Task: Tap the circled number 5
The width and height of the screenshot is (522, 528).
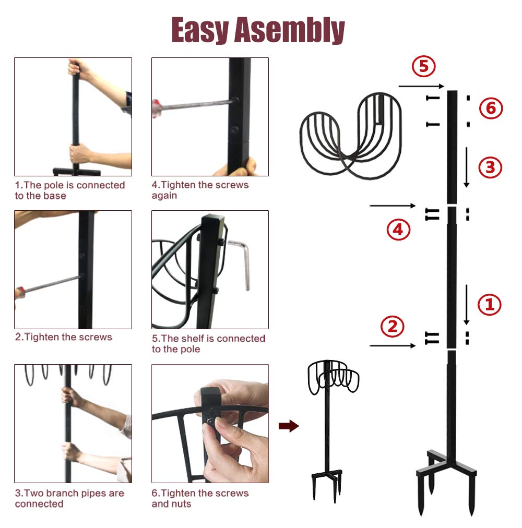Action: click(423, 66)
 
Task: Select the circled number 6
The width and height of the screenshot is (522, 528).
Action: click(491, 109)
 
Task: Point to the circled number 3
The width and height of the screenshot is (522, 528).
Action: click(490, 167)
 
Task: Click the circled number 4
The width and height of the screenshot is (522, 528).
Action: click(398, 230)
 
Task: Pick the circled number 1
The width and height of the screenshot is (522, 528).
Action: click(490, 305)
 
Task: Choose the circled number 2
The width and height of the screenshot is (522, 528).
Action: click(392, 327)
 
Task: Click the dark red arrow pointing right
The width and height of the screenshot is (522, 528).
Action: click(289, 426)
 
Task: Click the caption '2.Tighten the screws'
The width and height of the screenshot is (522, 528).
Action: click(64, 337)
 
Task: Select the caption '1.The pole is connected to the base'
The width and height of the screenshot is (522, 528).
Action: click(70, 190)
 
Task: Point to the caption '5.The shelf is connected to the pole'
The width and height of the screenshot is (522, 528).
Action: click(208, 344)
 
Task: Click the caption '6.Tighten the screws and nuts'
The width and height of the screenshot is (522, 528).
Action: click(200, 498)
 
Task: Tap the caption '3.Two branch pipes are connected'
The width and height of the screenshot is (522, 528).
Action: click(69, 498)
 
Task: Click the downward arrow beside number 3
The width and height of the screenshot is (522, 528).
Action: click(466, 167)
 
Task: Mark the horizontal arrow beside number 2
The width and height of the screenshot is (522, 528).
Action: click(392, 345)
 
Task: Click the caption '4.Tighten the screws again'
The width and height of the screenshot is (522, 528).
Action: click(200, 190)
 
